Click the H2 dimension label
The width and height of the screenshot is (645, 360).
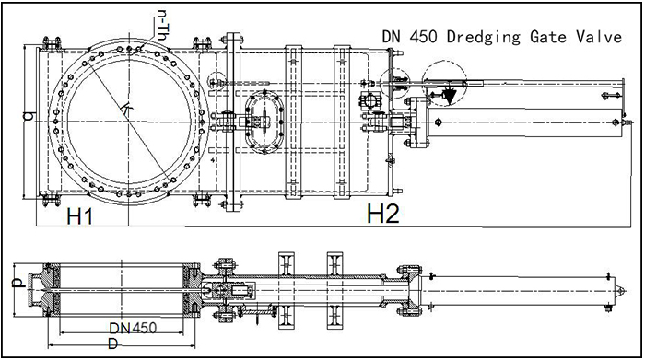[382, 215]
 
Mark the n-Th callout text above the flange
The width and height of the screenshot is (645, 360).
[163, 21]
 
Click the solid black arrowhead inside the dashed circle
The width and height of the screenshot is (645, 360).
[451, 92]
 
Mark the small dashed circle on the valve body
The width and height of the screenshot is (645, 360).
[220, 81]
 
